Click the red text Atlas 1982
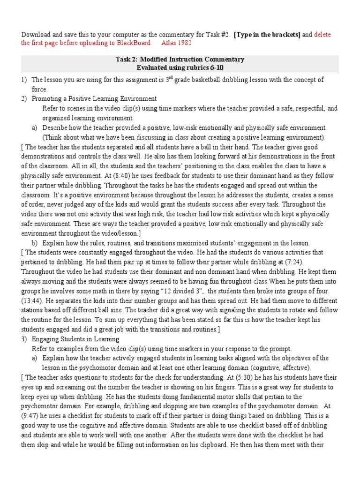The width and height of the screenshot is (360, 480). (x=176, y=43)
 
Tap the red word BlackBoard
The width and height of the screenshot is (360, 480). (x=135, y=43)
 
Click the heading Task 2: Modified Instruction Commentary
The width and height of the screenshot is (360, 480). (x=180, y=60)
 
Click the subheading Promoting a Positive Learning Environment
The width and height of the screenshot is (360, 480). (x=94, y=99)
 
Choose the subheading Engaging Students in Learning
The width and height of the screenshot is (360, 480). (x=75, y=339)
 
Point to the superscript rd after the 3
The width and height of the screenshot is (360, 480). (x=170, y=77)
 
